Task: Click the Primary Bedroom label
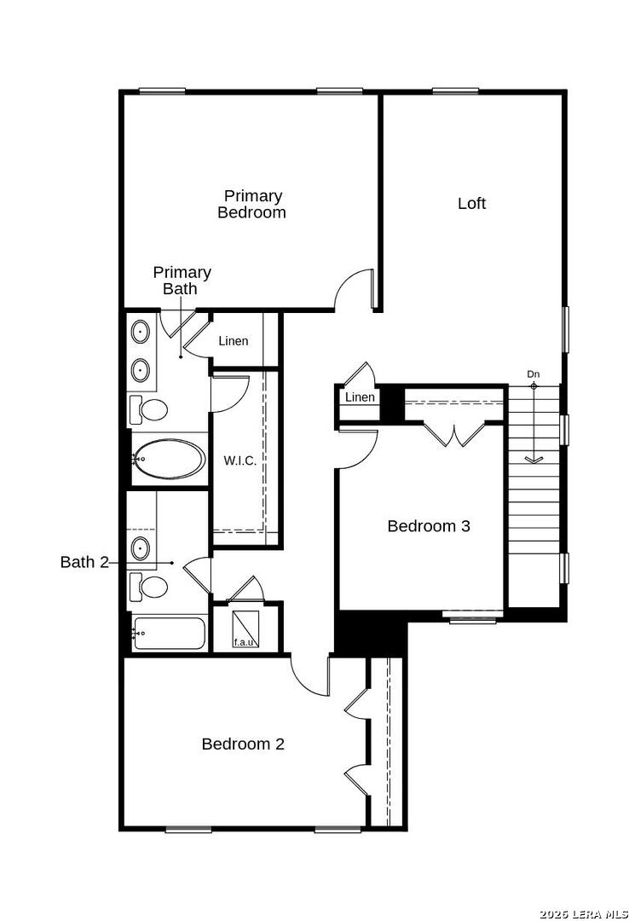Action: coord(252,205)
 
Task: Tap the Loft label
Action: coord(471,204)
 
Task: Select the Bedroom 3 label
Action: coord(428,526)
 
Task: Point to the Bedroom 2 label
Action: coord(243,744)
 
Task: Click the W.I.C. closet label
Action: coord(240,460)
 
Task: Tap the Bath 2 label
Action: coord(85,562)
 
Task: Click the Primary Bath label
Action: coord(182,281)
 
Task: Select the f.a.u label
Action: coord(243,642)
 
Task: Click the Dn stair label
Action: coord(534,374)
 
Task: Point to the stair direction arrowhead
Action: coord(534,460)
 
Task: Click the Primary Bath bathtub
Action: coord(169,460)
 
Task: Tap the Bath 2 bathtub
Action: coord(169,634)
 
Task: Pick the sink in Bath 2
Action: coord(141,547)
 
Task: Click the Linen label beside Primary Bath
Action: coord(234,341)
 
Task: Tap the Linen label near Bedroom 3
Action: coord(360,397)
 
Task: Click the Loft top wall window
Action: coord(455,91)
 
